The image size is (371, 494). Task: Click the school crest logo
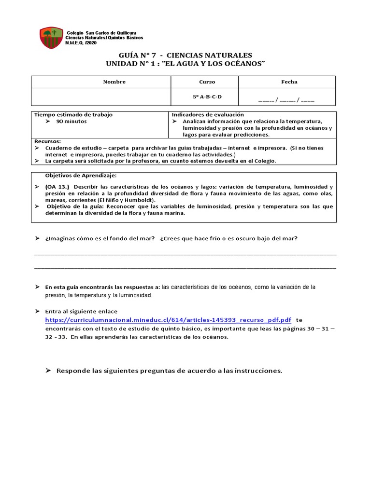(51, 38)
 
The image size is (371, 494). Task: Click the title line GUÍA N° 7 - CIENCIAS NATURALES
(185, 55)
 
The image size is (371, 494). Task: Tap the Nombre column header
(114, 82)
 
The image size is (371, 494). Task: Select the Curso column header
(207, 82)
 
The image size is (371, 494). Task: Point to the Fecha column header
(289, 82)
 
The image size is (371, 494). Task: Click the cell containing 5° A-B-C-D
(207, 97)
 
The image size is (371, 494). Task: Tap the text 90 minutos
(71, 122)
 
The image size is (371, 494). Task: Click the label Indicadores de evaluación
(208, 115)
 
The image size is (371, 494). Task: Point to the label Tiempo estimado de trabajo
(73, 115)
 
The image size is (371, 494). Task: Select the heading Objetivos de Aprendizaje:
(81, 175)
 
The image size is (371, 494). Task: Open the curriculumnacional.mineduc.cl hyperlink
(168, 320)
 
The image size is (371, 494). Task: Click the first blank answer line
(185, 253)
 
